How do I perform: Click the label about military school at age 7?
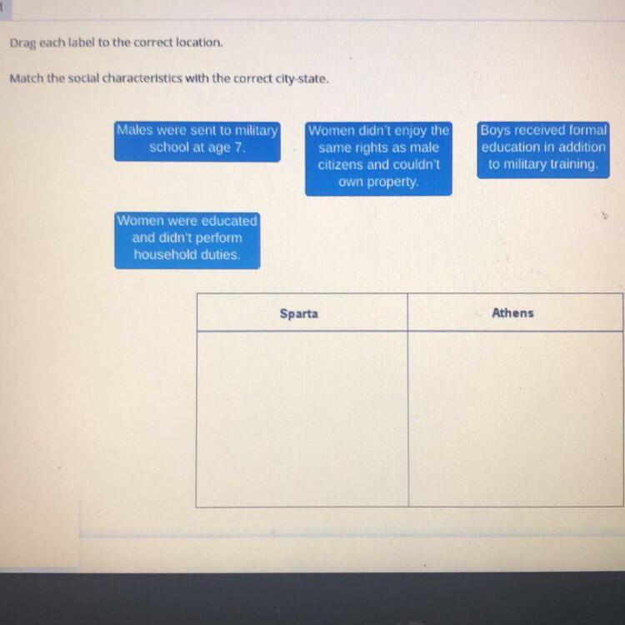pos(197,140)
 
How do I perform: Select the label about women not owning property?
pos(378,157)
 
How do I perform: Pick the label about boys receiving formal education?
pos(543,148)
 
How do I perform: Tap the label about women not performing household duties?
pos(187,238)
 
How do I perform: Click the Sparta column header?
pos(299,314)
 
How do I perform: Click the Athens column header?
pos(512,313)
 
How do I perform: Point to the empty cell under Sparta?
pos(302,418)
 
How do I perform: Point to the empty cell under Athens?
pos(515,418)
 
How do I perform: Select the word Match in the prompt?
pos(26,79)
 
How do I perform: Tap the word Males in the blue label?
pos(137,131)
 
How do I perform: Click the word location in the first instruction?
pos(197,42)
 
